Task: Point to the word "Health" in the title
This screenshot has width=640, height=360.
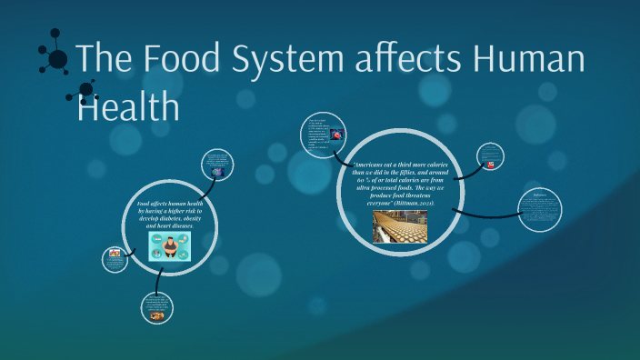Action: (x=127, y=106)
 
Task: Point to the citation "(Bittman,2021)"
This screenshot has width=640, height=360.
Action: (x=428, y=203)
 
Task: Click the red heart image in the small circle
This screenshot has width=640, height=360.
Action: (x=337, y=135)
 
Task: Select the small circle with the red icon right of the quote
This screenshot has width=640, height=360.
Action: (x=490, y=157)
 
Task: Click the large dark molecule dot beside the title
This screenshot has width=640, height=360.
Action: (x=58, y=60)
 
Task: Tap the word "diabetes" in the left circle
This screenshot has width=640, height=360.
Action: (x=179, y=218)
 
